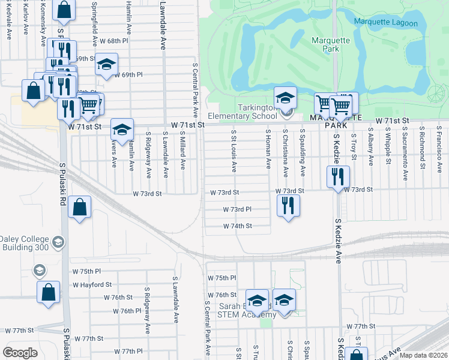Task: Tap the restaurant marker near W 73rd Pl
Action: pyautogui.click(x=288, y=206)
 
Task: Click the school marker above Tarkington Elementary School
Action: pyautogui.click(x=285, y=98)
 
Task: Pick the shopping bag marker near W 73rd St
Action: pyautogui.click(x=79, y=208)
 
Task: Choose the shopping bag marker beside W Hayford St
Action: pyautogui.click(x=49, y=293)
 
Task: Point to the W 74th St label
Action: pyautogui.click(x=238, y=226)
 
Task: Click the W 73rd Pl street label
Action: pyautogui.click(x=237, y=210)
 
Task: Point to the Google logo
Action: pyautogui.click(x=20, y=352)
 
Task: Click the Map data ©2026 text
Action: pyautogui.click(x=423, y=355)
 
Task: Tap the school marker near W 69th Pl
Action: pyautogui.click(x=106, y=65)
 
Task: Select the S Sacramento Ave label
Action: pyautogui.click(x=406, y=145)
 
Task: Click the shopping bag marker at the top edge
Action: pyautogui.click(x=64, y=10)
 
